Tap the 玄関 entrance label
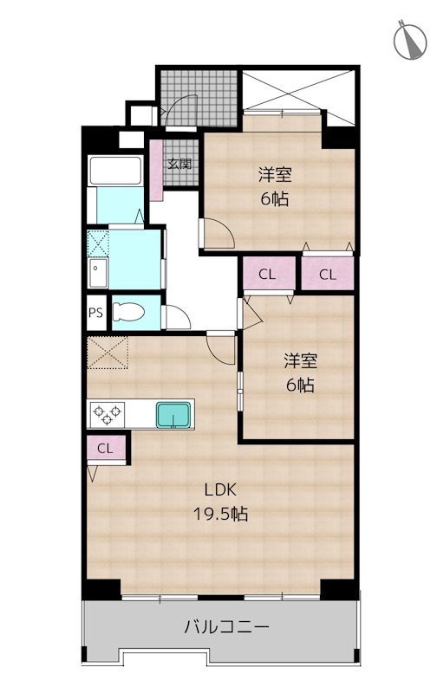(x=179, y=163)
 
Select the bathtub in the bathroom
(x=114, y=172)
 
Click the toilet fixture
(x=133, y=313)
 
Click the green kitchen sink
(x=176, y=415)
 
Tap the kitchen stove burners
(x=109, y=414)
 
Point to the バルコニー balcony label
(x=226, y=626)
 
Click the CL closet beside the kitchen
(x=105, y=449)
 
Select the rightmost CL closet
(x=327, y=275)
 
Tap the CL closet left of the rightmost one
(x=267, y=275)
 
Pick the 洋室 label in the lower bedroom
(x=300, y=359)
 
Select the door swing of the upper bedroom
(x=217, y=232)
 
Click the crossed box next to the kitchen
(x=107, y=354)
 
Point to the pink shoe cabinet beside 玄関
(x=156, y=170)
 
